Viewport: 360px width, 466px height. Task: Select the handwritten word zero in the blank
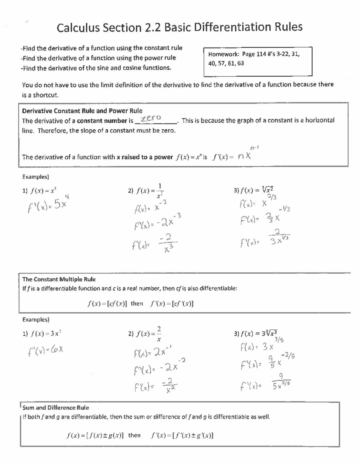pos(151,118)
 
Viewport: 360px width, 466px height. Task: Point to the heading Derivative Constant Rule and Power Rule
pos(82,111)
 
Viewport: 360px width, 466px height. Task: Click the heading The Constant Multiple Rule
pos(59,279)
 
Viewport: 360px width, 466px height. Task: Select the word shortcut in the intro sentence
pos(45,95)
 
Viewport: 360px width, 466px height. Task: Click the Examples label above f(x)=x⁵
pos(36,177)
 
